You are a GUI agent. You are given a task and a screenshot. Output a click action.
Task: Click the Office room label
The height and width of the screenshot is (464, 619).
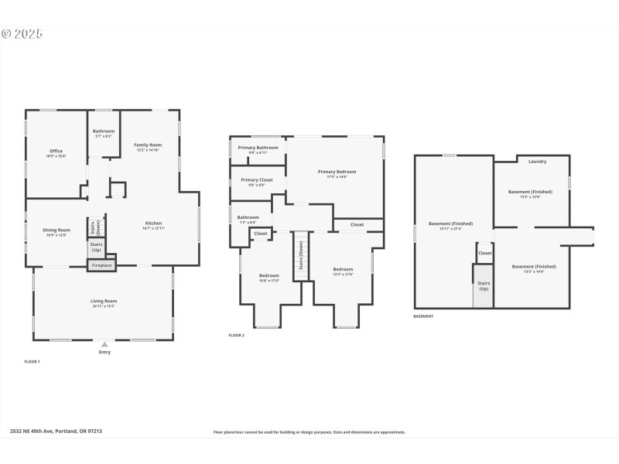[56, 151]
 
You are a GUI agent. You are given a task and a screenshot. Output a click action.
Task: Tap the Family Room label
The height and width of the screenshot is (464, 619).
[148, 145]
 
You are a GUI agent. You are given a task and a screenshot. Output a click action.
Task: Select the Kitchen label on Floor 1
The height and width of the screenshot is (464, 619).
[153, 223]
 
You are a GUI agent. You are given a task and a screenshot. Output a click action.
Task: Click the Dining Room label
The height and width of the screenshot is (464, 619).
[56, 230]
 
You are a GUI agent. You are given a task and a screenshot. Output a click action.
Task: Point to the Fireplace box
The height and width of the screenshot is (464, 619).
[101, 265]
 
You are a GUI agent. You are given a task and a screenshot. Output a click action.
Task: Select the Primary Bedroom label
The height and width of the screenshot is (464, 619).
[337, 172]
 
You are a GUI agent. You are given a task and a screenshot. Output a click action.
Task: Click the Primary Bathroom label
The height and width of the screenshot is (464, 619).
[258, 148]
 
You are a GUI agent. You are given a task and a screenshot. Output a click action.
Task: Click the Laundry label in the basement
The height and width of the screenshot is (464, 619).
[538, 162]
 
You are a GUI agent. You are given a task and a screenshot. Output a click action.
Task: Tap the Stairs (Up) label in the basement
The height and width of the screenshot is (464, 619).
[484, 285]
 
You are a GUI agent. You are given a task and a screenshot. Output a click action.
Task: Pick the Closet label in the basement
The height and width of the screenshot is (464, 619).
[484, 253]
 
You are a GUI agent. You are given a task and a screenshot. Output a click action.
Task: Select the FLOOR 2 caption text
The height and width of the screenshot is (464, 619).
[236, 335]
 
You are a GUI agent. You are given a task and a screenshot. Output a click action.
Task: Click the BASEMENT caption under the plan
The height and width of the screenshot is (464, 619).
[423, 316]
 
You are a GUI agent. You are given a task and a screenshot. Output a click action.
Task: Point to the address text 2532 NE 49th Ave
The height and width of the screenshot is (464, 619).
[56, 432]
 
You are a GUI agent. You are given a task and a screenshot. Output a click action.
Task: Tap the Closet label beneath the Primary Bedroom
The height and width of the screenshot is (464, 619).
[357, 225]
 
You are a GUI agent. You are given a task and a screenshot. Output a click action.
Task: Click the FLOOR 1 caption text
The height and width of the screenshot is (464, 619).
[32, 361]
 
